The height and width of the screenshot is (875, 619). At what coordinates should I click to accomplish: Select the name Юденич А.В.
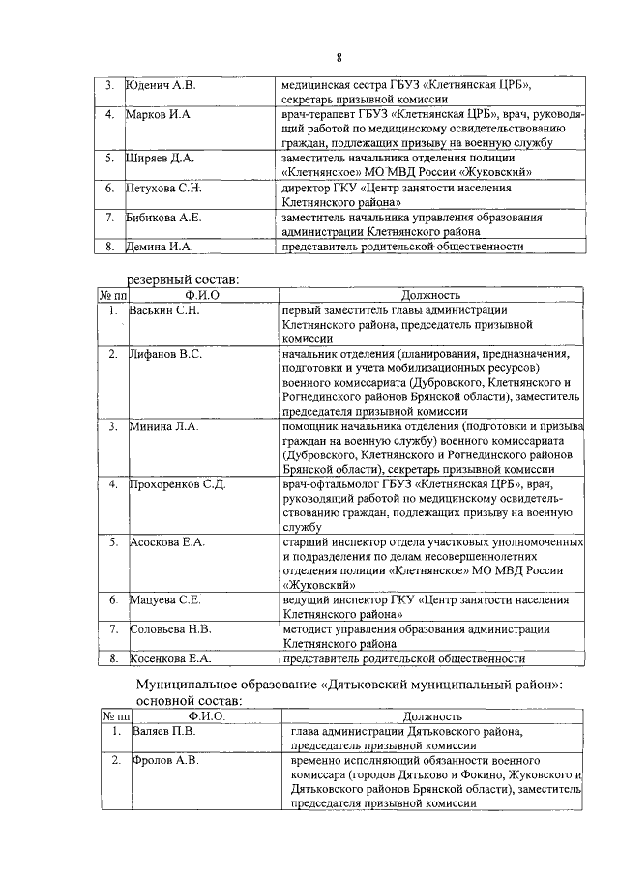click(x=162, y=86)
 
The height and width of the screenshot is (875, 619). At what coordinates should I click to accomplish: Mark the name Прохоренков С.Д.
click(x=177, y=483)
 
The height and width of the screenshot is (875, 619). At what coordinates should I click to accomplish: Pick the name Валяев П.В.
click(x=162, y=732)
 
